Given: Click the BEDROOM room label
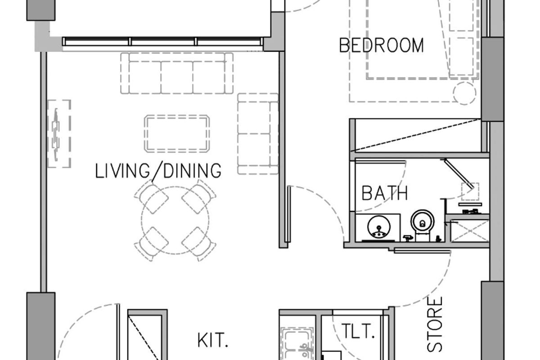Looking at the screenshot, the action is click(x=382, y=45).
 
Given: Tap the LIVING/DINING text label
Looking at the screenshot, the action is click(x=158, y=171).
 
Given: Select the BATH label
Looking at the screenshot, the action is click(x=385, y=193).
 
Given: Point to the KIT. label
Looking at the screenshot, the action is click(x=212, y=340).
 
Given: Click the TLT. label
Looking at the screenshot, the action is click(x=358, y=331).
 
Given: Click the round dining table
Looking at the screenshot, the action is click(x=175, y=220).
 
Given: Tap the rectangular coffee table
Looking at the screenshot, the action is click(x=177, y=134).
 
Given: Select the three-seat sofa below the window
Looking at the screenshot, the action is click(x=177, y=73).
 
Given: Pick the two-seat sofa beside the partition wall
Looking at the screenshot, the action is click(x=258, y=134).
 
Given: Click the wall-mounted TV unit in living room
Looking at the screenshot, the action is click(x=59, y=134).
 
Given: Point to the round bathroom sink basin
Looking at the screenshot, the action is click(x=379, y=227).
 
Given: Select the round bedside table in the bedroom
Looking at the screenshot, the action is click(x=464, y=93).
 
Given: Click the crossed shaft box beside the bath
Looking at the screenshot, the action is click(x=470, y=231).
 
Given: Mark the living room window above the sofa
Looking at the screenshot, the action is click(x=163, y=41).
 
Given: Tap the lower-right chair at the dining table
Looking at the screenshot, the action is click(x=199, y=244).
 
